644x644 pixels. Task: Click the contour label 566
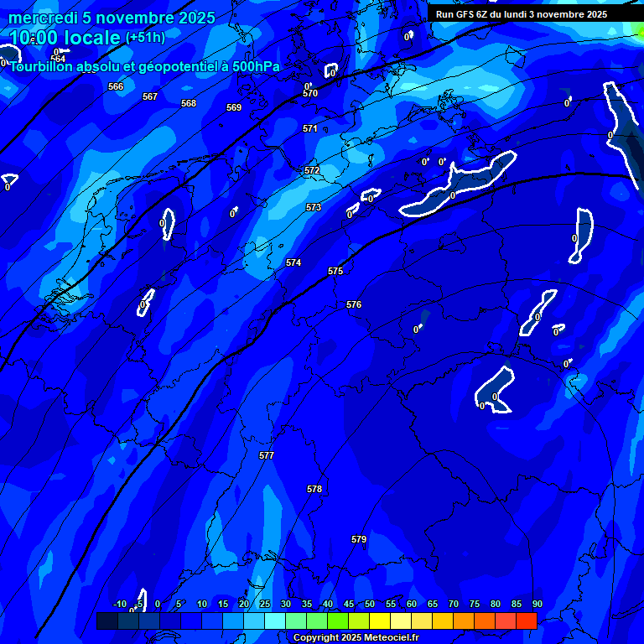[x=116, y=86]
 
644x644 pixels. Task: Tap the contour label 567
[x=150, y=96]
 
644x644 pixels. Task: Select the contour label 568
[x=189, y=103]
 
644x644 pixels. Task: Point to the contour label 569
[x=234, y=107]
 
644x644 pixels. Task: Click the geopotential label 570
[x=310, y=93]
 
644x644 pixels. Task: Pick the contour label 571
[x=310, y=128]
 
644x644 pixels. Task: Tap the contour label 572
[x=312, y=170]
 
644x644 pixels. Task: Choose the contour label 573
[x=314, y=207]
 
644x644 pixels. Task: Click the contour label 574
[x=293, y=262]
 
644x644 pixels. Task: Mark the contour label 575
[x=335, y=271]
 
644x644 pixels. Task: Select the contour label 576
[x=354, y=304]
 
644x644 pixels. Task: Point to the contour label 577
[x=267, y=455]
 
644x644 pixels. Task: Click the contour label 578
[x=314, y=489]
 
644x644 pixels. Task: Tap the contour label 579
[x=359, y=539]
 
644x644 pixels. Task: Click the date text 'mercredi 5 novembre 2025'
[x=112, y=18]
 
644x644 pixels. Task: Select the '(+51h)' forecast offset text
[x=145, y=37]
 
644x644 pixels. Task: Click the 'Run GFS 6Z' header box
[x=522, y=14]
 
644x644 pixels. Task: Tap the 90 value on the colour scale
[x=537, y=604]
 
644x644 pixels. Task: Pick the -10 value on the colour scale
[x=119, y=604]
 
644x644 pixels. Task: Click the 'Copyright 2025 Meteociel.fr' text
[x=356, y=637]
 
